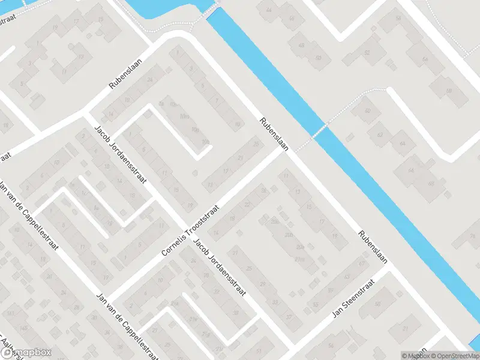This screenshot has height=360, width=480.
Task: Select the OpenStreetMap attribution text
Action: pos(453,356)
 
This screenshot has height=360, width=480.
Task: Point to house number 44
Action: pos(268,11)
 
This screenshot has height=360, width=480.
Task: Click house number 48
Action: pos(301,46)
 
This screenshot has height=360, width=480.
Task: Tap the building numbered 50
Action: pos(318,58)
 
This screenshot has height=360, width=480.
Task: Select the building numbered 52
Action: pos(367,53)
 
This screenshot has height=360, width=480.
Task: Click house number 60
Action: pos(368,112)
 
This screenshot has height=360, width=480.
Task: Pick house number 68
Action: pos(430,183)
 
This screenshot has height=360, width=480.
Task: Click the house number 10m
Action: pos(185,116)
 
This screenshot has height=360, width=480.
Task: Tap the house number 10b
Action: pos(206,142)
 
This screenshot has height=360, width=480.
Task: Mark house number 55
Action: pos(317,305)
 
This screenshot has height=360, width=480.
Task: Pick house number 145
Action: pos(23,328)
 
